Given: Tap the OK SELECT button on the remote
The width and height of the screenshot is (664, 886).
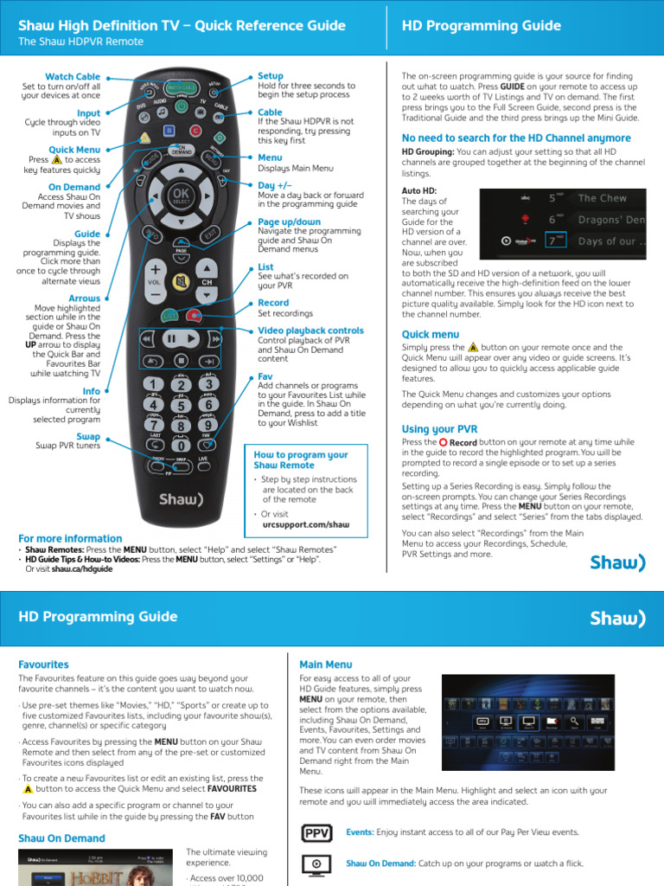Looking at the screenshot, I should [x=181, y=195].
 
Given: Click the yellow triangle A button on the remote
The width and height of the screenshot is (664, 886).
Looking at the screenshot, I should [x=145, y=137].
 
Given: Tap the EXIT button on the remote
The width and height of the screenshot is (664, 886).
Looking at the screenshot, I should [x=210, y=234].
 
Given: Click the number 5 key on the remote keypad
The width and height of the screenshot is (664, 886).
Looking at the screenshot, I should [x=181, y=405].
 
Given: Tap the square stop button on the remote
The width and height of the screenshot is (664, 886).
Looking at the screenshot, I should [x=181, y=359].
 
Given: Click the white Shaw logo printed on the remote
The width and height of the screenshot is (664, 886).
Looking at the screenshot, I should [x=181, y=499].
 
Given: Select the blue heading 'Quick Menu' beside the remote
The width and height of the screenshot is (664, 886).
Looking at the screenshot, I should [x=74, y=150].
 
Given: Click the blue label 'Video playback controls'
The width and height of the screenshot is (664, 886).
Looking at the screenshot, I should [x=310, y=331].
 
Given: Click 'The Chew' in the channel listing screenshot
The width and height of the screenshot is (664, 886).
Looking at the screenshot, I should [x=602, y=198].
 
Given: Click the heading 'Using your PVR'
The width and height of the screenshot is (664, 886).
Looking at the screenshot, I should [x=439, y=429].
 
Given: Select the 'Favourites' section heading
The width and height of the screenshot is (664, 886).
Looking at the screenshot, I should [x=45, y=664].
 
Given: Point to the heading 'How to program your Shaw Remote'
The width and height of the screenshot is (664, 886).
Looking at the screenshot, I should [x=300, y=459].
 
